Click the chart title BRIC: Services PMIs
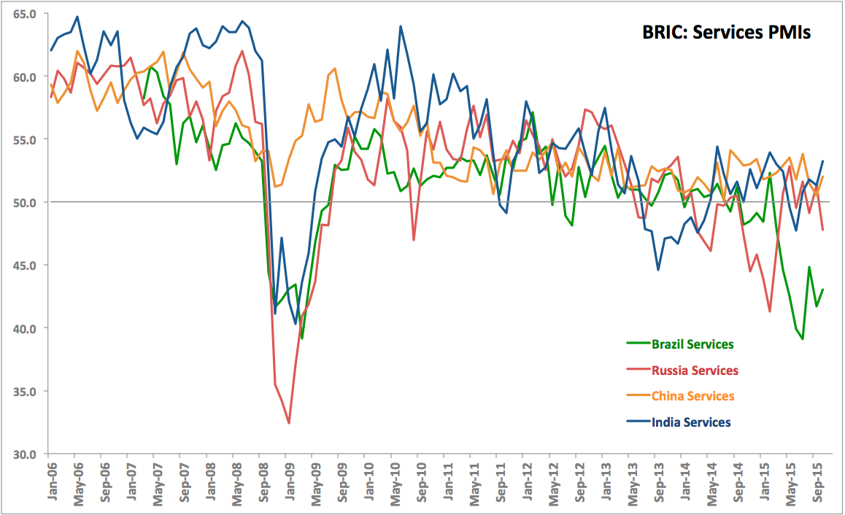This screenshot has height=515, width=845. (x=726, y=33)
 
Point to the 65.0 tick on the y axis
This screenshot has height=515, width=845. (x=25, y=14)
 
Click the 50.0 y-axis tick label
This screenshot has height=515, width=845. (x=25, y=202)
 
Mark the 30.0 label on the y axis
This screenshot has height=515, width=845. (x=25, y=454)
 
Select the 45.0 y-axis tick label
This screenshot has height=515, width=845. (x=25, y=266)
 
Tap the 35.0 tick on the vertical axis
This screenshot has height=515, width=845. (x=25, y=391)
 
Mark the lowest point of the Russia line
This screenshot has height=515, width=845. (x=289, y=423)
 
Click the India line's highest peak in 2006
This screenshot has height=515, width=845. (x=77, y=17)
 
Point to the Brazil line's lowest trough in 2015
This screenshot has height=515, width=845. (x=803, y=339)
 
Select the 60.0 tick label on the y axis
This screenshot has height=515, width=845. (x=25, y=77)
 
